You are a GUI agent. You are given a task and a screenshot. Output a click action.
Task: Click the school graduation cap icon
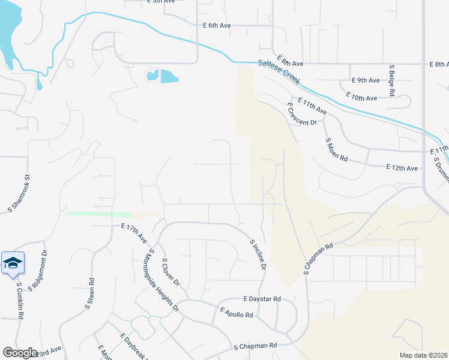(13, 263)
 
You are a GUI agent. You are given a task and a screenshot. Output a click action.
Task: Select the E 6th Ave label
(217, 26)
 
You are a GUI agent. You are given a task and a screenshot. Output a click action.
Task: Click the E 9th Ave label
(366, 80)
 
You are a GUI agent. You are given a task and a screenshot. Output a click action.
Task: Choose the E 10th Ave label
(361, 95)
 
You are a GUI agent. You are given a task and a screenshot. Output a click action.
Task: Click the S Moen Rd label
(337, 150)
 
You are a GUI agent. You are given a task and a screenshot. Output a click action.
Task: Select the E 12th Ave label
(402, 168)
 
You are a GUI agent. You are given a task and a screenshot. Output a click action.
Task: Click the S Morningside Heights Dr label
(163, 280)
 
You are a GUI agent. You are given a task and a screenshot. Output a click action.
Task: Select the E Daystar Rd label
(262, 298)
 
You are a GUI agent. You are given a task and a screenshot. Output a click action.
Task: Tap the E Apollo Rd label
(236, 312)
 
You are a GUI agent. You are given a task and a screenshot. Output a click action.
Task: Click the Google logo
(20, 352)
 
